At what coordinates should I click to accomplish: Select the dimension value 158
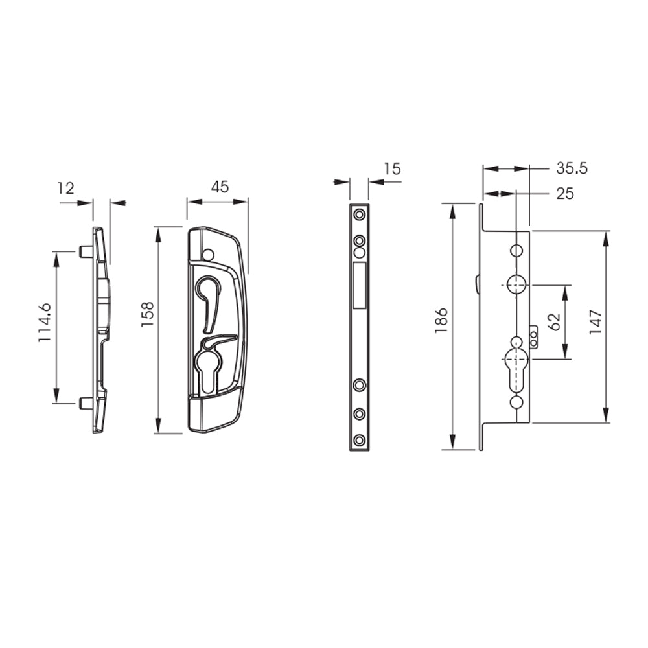pos(148,314)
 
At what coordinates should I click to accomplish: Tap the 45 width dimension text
pos(220,187)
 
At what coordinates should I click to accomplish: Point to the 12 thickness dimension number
pos(65,189)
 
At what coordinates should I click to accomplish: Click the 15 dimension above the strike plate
pos(392,169)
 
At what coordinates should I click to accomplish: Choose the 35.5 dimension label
pos(572,168)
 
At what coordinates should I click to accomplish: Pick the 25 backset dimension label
pos(564,194)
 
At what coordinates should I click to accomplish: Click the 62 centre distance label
pos(554,321)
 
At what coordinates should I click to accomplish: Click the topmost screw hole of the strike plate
pos(359,214)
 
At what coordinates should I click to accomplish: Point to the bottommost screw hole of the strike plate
pos(359,441)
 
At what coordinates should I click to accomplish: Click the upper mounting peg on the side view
pos(84,251)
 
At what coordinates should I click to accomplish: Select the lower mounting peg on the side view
pos(84,403)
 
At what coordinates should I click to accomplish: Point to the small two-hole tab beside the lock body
pos(534,336)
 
